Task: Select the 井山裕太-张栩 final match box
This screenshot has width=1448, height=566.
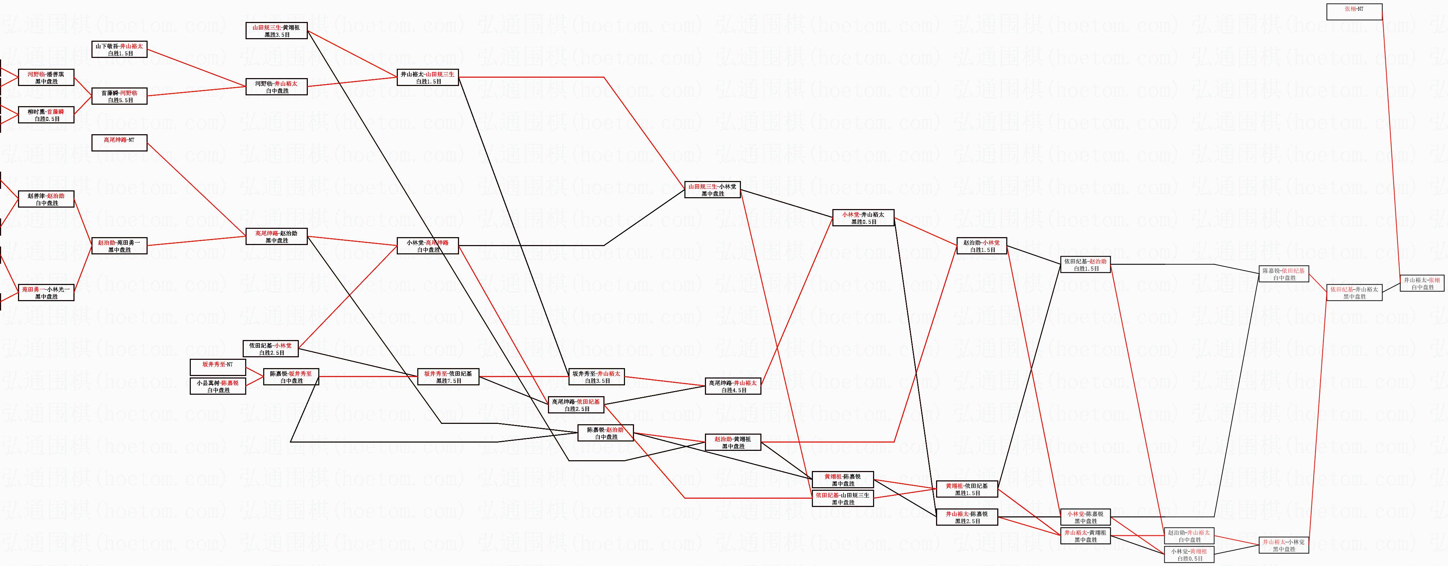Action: point(1422,283)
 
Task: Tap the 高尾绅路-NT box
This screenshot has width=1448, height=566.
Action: point(119,143)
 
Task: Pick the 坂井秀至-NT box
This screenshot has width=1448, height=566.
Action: point(217,368)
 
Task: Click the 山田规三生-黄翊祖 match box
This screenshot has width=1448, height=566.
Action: point(276,30)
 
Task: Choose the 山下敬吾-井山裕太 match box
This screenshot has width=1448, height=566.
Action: point(119,49)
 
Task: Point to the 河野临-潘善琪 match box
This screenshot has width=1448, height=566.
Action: point(46,78)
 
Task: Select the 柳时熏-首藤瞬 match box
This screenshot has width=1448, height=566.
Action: point(46,115)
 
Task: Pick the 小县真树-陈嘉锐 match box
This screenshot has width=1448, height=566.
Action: point(217,386)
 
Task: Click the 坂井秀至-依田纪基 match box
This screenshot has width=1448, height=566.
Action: point(448,377)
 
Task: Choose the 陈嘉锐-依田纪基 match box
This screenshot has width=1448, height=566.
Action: point(1284,274)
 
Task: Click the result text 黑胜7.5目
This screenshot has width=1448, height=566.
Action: point(448,381)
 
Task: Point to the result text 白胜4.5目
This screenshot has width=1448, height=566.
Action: point(733,390)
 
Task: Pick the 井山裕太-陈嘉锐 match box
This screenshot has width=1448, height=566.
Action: point(966,517)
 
